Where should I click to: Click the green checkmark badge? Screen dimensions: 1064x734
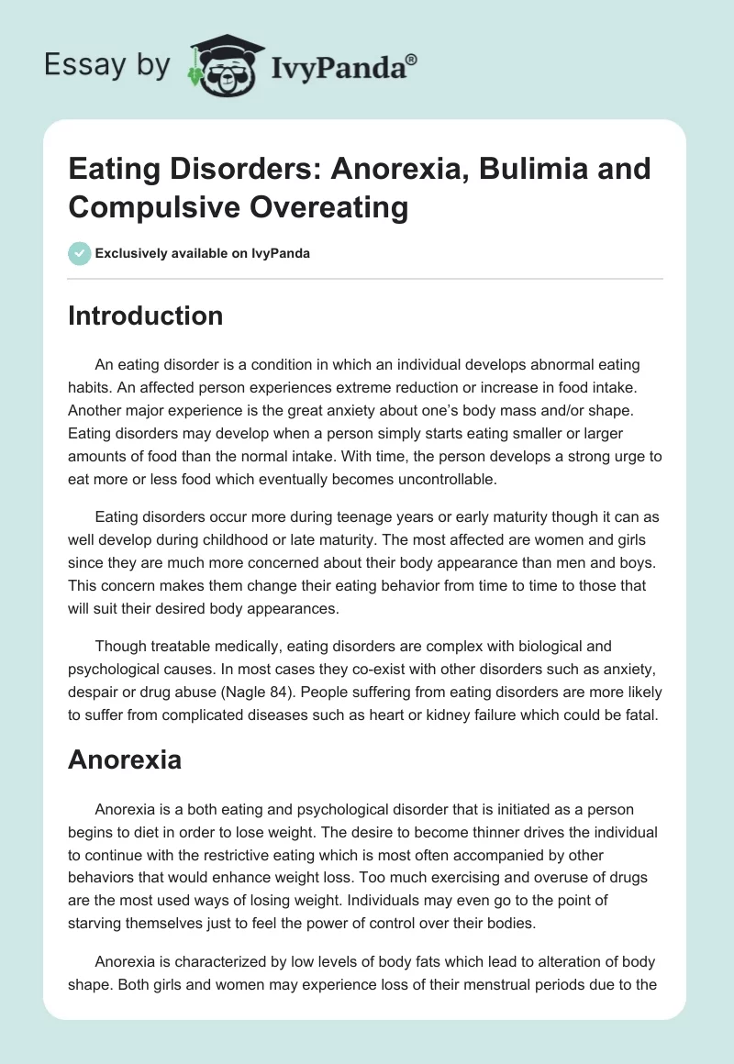pos(80,253)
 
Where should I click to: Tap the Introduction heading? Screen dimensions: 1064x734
pos(146,316)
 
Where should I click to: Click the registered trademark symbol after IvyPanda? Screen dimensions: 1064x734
pos(412,60)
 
